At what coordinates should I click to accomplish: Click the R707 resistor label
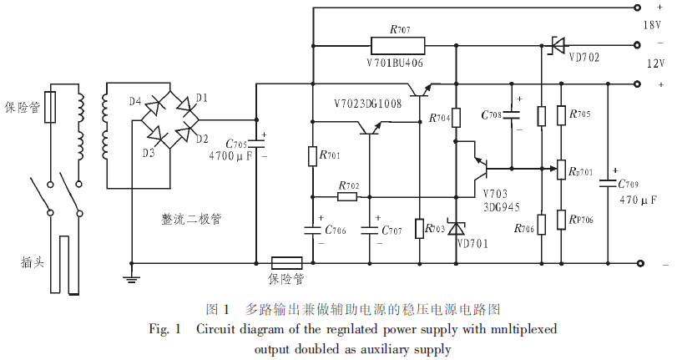click(x=400, y=28)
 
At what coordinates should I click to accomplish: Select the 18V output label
click(x=651, y=25)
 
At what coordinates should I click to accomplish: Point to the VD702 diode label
click(x=584, y=58)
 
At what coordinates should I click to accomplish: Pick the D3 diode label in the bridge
click(x=148, y=153)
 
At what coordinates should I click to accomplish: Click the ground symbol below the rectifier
click(x=130, y=279)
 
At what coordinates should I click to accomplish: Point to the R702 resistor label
click(x=349, y=185)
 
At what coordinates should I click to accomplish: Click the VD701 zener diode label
click(x=472, y=244)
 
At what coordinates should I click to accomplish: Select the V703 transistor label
click(x=495, y=192)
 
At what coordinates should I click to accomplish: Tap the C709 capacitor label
click(x=628, y=183)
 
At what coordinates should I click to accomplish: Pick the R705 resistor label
click(x=578, y=114)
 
